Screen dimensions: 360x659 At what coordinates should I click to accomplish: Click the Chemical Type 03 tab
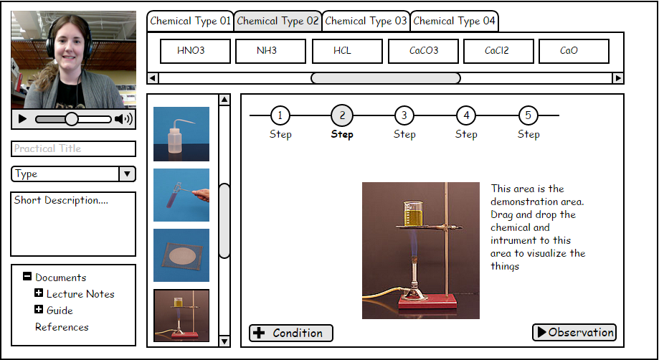pos(366,21)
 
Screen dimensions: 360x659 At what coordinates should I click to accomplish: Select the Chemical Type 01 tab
pos(191,21)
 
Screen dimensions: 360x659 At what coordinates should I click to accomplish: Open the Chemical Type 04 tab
pos(454,21)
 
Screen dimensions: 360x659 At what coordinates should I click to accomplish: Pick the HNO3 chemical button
pos(195,51)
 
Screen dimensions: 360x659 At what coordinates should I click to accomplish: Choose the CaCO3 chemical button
pos(424,51)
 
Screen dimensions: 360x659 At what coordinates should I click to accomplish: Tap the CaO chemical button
pos(574,51)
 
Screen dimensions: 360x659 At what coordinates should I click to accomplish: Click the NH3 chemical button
pos(270,51)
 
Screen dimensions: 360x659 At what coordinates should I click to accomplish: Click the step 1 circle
pos(280,115)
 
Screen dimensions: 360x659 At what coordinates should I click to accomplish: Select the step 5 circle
pos(528,115)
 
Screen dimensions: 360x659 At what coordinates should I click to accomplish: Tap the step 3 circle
pos(404,115)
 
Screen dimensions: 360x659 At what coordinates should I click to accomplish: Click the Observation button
pos(574,332)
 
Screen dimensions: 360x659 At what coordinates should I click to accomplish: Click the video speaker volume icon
pos(123,119)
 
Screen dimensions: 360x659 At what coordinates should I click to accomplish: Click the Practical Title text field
pos(73,148)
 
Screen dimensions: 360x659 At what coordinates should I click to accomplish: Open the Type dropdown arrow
pos(126,174)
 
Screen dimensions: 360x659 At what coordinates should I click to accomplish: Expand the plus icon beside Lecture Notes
pos(39,293)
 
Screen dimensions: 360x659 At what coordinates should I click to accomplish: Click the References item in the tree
pos(62,327)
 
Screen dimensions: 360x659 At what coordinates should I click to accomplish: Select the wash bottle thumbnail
pos(181,134)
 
